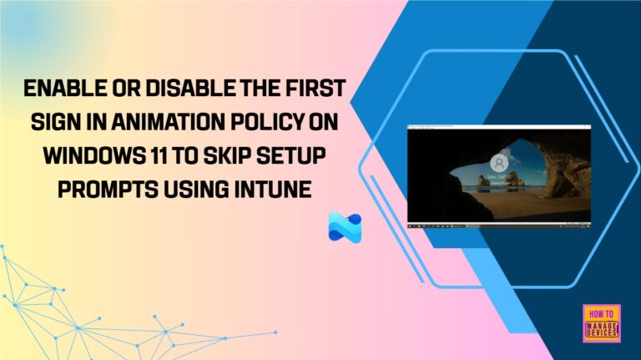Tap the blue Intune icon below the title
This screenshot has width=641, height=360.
[345, 227]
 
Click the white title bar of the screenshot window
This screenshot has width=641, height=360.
[499, 127]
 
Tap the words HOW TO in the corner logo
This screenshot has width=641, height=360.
[602, 311]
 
